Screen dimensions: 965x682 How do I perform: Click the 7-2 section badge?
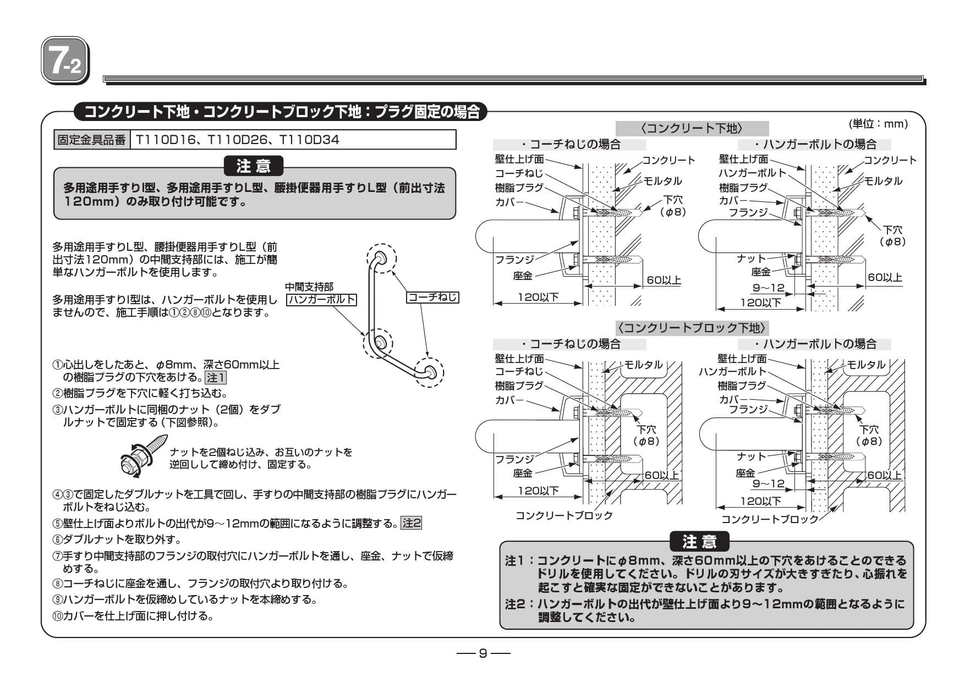pyautogui.click(x=65, y=61)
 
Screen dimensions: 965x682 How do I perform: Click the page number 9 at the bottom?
pyautogui.click(x=483, y=653)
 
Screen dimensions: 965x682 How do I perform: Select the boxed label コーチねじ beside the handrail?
pyautogui.click(x=432, y=298)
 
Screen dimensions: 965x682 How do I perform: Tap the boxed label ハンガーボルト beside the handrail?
pyautogui.click(x=322, y=300)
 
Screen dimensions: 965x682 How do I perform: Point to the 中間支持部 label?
pyautogui.click(x=309, y=287)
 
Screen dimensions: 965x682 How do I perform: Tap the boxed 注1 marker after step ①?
pyautogui.click(x=215, y=378)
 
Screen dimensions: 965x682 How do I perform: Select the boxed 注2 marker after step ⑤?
pyautogui.click(x=412, y=523)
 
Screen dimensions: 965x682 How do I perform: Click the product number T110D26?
pyautogui.click(x=237, y=140)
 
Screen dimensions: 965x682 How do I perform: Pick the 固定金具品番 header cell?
pyautogui.click(x=91, y=140)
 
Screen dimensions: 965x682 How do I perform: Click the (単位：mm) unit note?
pyautogui.click(x=878, y=124)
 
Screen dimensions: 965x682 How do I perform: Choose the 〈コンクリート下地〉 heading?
pyautogui.click(x=692, y=129)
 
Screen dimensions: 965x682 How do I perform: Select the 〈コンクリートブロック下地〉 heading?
pyautogui.click(x=692, y=328)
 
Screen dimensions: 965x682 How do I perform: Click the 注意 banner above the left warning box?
pyautogui.click(x=254, y=166)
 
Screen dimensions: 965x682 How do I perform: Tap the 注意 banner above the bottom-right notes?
pyautogui.click(x=699, y=542)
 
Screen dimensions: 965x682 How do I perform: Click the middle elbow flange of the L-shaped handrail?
pyautogui.click(x=377, y=343)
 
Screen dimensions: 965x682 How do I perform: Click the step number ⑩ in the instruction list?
pyautogui.click(x=57, y=616)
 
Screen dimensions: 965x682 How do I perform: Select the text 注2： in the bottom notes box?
pyautogui.click(x=520, y=604)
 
